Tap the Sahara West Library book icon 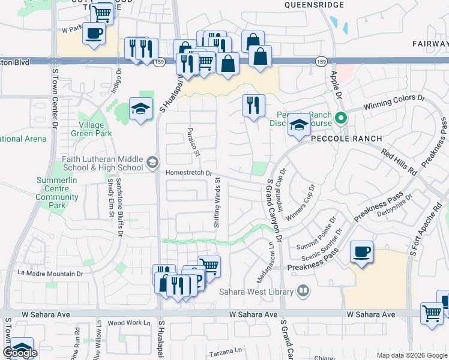(x=304, y=292)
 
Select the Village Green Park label (x=91, y=129)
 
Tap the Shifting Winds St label (x=216, y=202)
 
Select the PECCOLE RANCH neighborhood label (x=346, y=139)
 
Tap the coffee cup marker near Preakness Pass (x=361, y=252)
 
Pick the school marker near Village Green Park (x=140, y=109)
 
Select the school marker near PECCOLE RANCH (x=298, y=125)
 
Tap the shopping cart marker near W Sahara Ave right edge (x=432, y=313)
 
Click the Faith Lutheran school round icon (x=152, y=162)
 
